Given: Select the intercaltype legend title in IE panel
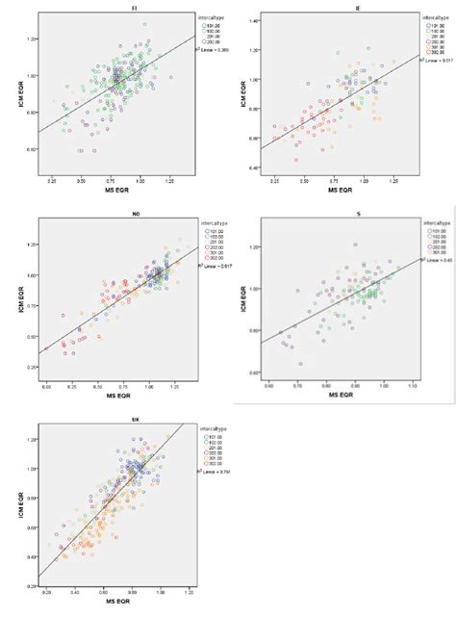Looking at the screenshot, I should pyautogui.click(x=433, y=16).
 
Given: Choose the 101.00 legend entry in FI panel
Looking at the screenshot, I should pyautogui.click(x=191, y=24).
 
